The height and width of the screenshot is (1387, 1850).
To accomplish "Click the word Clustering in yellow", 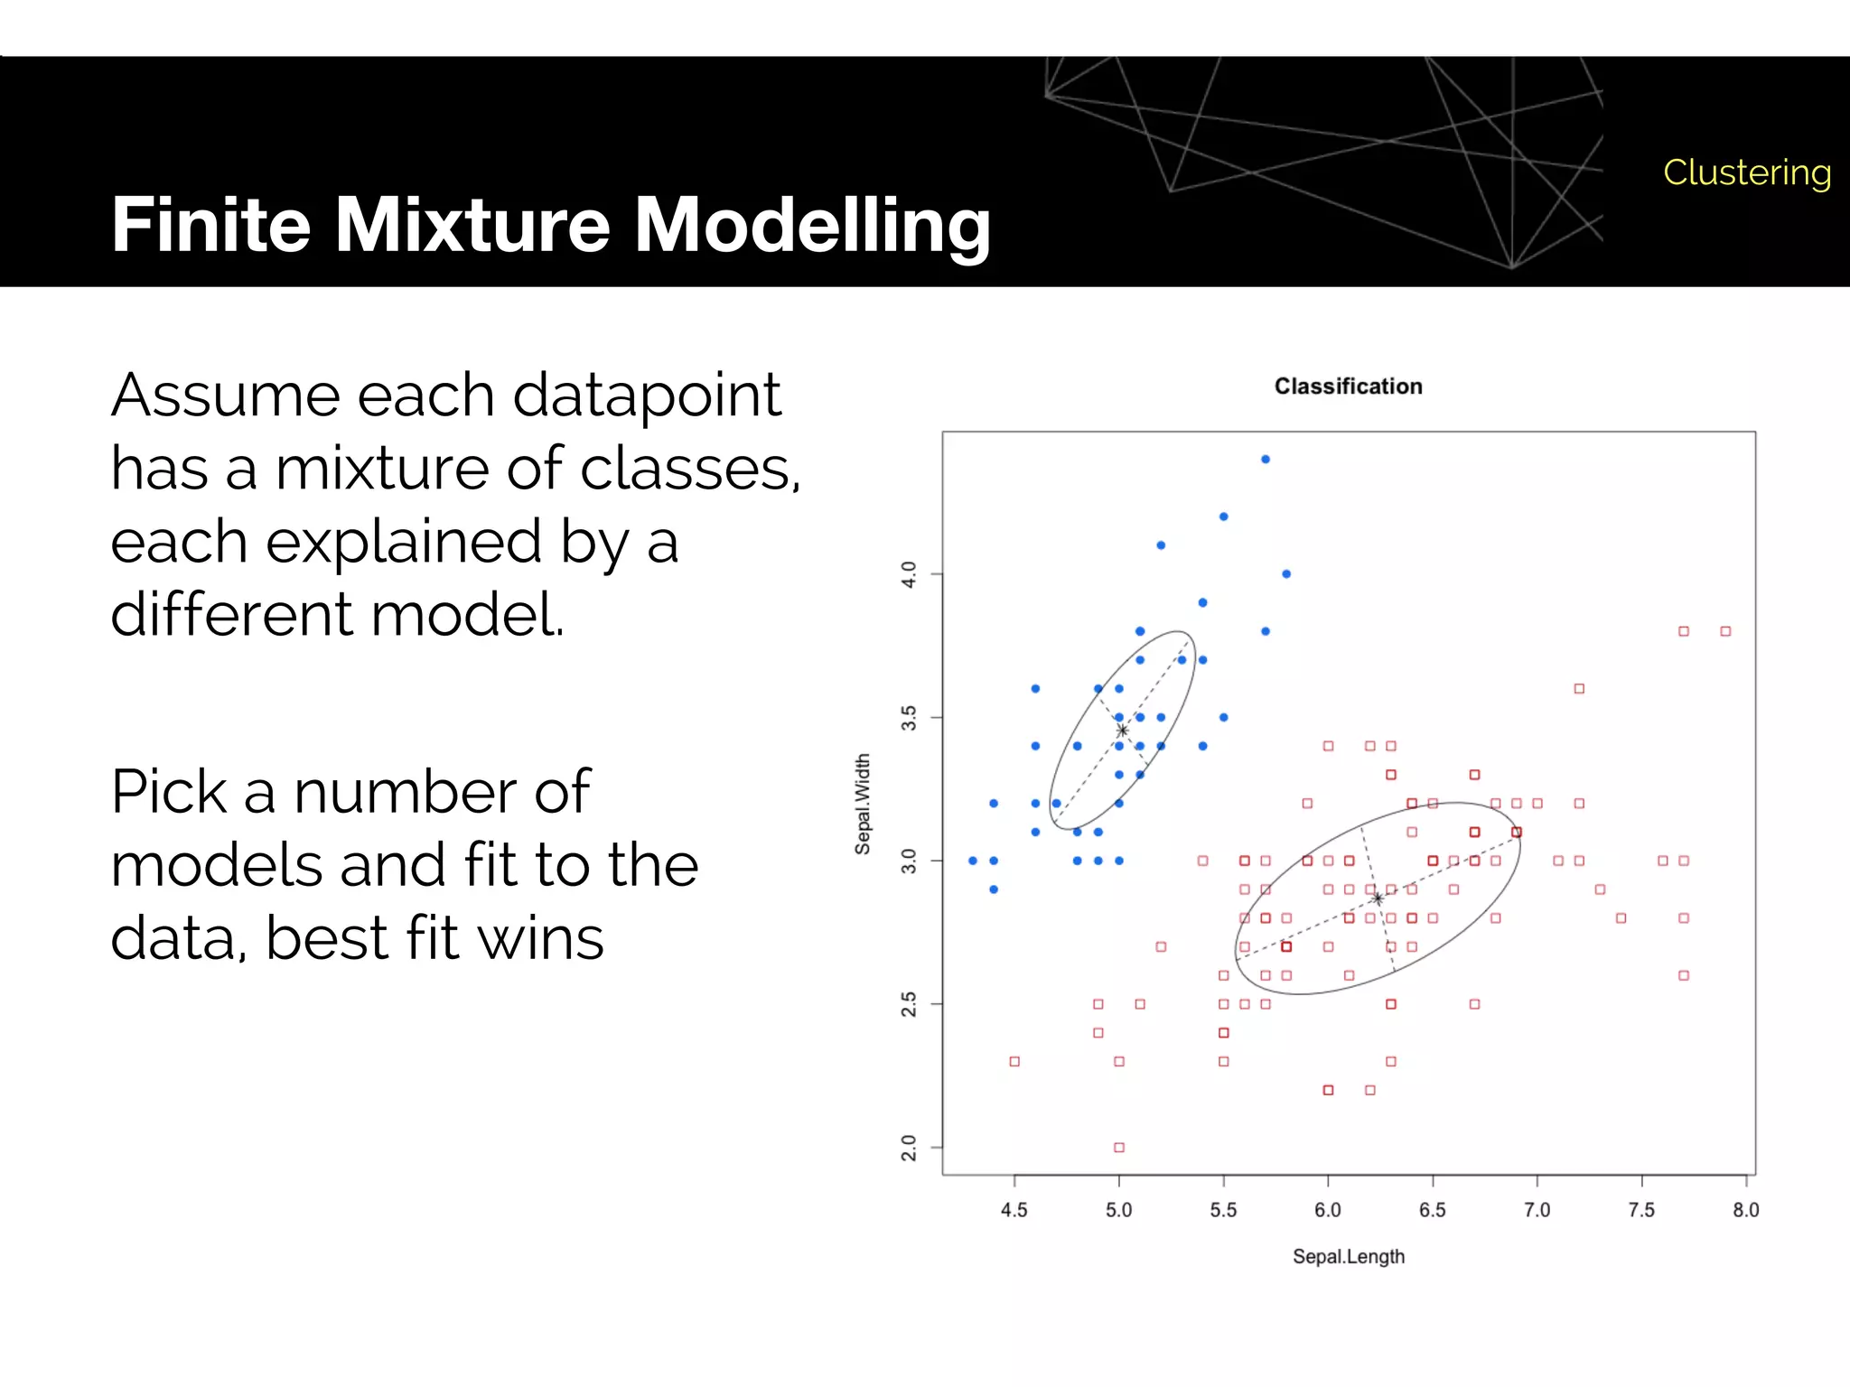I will (1746, 172).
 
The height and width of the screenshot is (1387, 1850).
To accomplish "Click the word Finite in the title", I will (210, 225).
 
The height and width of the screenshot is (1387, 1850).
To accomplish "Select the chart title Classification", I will (1348, 386).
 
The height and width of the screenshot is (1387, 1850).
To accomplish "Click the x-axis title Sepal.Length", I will (1348, 1256).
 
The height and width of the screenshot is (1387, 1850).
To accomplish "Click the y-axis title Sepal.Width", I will (863, 804).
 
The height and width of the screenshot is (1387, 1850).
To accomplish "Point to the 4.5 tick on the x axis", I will (1014, 1210).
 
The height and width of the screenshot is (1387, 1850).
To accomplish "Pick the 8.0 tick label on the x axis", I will (1745, 1210).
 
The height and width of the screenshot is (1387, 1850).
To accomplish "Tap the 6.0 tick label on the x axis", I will (1327, 1210).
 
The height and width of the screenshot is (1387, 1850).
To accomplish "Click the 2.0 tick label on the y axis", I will (909, 1148).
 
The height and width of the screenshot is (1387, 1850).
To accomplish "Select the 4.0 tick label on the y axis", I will (909, 574).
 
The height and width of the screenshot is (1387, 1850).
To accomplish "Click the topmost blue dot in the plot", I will (1266, 460).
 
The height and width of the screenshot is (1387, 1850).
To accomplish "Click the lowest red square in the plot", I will (1119, 1148).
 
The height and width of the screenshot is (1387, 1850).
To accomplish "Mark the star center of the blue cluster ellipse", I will (1122, 731).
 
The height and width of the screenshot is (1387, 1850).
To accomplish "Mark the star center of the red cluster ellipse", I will (1378, 898).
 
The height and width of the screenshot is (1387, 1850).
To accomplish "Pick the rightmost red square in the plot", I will (1725, 631).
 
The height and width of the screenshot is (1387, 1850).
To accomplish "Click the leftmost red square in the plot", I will (1014, 1061).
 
